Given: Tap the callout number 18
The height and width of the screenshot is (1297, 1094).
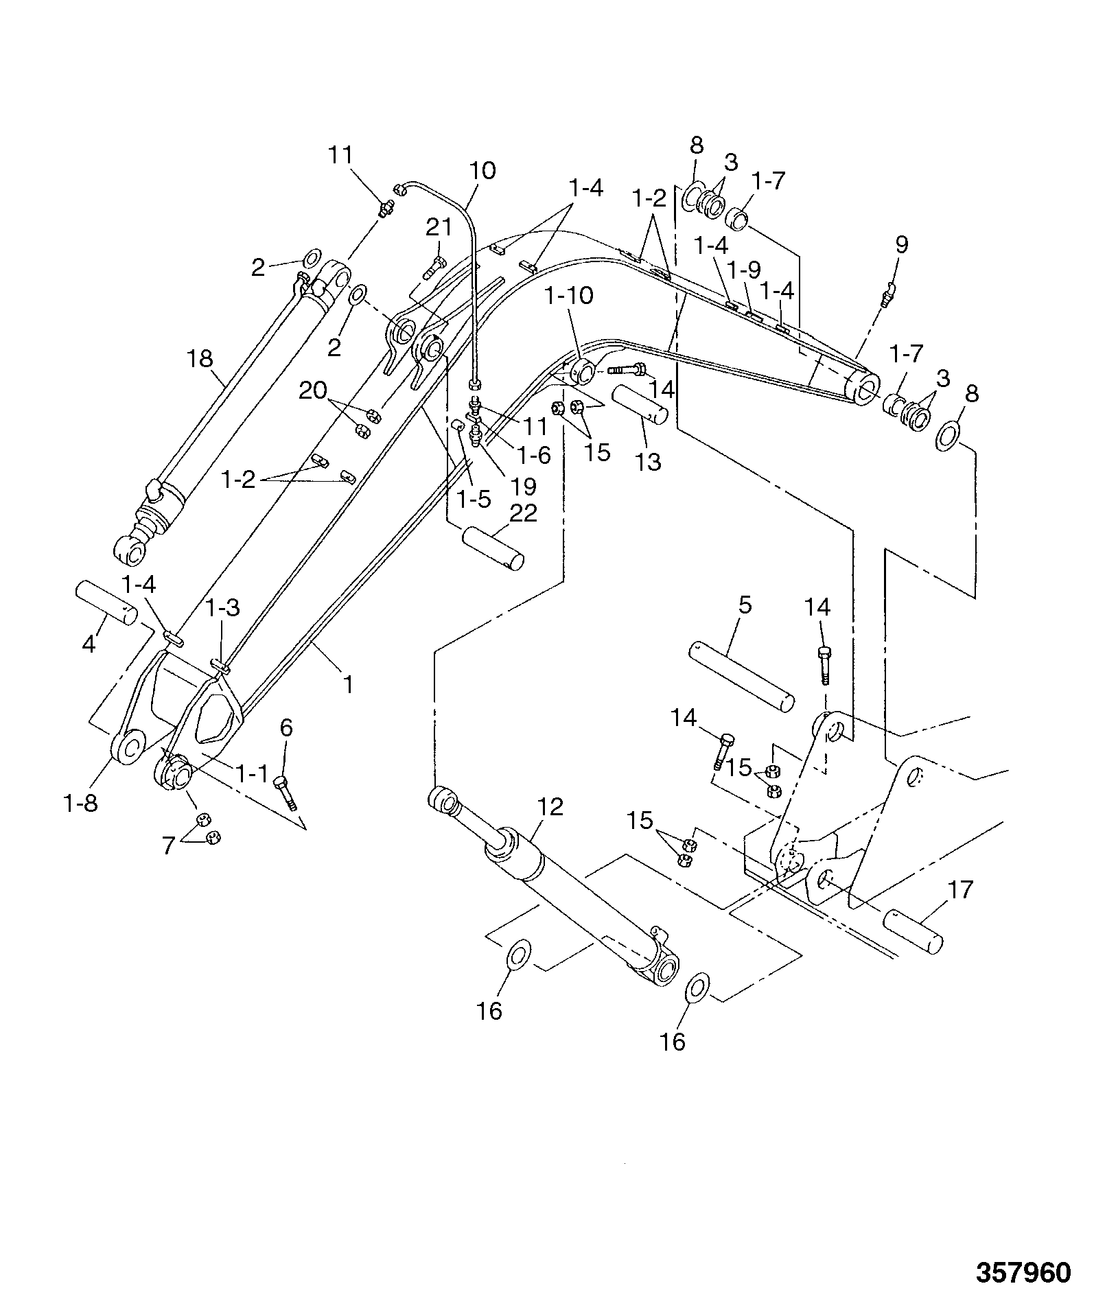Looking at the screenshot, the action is coord(200,358).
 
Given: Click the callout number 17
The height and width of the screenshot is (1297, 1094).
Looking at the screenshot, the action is coord(959,890).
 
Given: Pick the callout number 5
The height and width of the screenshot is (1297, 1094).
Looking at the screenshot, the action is coord(745,605).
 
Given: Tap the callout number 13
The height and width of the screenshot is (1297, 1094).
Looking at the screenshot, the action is coord(648,462).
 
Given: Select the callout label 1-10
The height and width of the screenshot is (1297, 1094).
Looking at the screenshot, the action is coord(569,296).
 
